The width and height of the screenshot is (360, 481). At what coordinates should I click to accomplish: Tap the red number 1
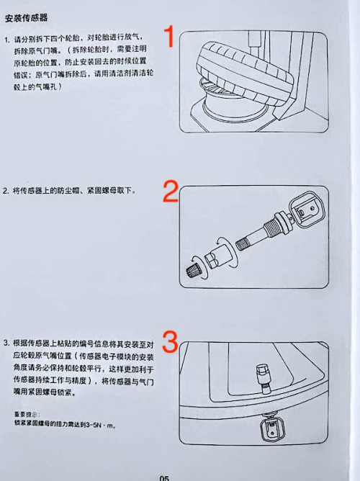pos(171,37)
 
